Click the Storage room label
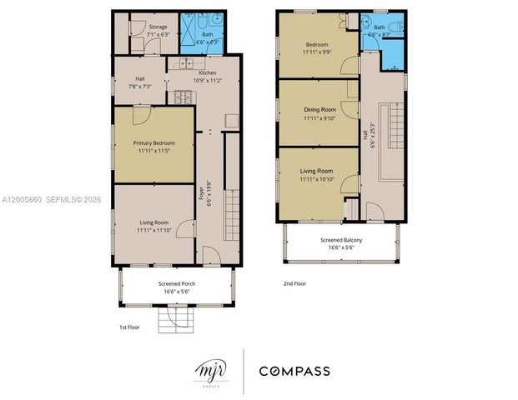[x=158, y=27]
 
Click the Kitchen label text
[x=208, y=72]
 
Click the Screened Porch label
[x=176, y=284]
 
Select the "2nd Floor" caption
[x=295, y=283]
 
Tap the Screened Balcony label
[x=340, y=240]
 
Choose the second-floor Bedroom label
[x=317, y=43]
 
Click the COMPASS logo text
[x=294, y=371]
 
